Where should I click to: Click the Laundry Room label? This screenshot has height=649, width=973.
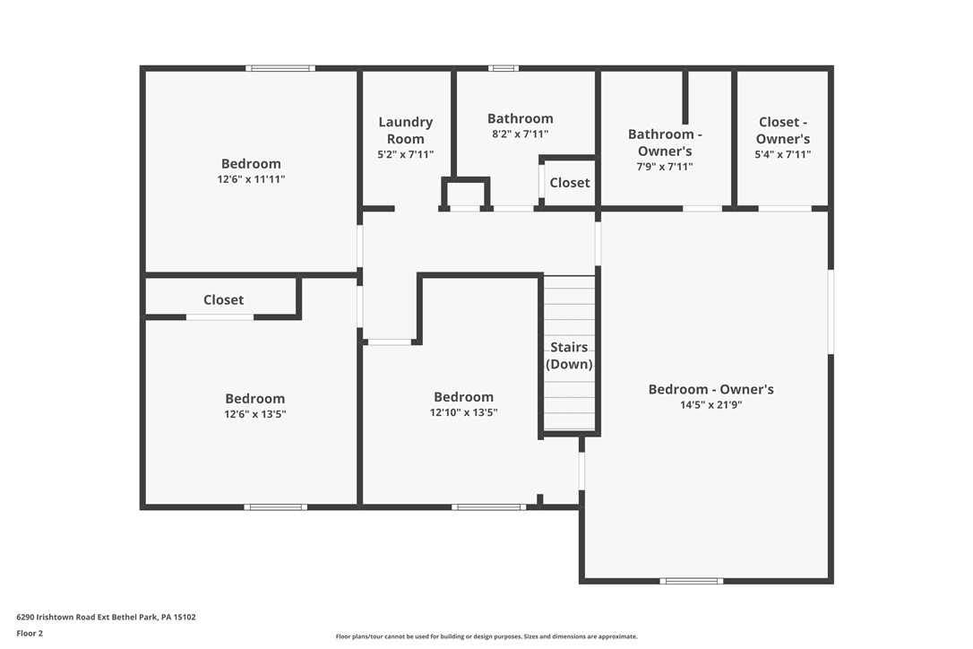coord(405,130)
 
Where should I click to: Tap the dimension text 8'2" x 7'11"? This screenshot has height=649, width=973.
coord(520,134)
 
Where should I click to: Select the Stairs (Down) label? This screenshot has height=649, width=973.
coord(569,355)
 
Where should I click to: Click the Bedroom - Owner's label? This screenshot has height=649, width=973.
coord(710,389)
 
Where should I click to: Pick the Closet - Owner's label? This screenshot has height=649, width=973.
coord(783,130)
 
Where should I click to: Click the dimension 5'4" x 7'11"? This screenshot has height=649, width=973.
coord(783,154)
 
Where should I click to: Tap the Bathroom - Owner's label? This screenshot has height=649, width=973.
coord(665,143)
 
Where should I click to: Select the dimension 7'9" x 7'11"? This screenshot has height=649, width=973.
coord(665,167)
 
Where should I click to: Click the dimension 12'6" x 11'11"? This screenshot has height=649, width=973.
coord(251,179)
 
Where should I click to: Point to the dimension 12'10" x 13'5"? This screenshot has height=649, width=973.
coord(463,413)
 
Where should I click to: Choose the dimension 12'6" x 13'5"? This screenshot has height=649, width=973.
coord(255,414)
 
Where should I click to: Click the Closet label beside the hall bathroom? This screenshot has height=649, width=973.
coord(570,183)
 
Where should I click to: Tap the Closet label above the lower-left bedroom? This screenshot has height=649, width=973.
coord(223,300)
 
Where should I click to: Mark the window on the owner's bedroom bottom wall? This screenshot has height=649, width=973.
coord(691,581)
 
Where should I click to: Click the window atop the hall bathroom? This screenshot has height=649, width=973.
coord(503,68)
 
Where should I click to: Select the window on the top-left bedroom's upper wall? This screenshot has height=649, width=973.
coord(280,68)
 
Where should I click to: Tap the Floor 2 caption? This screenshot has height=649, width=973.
coord(30,633)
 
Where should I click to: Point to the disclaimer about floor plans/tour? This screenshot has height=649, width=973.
coord(486,636)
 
